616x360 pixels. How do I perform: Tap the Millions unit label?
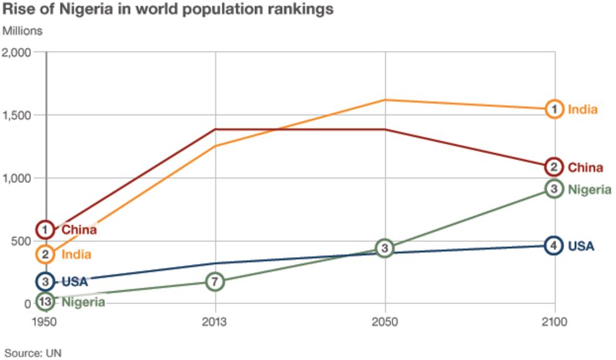click(x=23, y=30)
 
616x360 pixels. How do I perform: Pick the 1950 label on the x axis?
click(x=46, y=321)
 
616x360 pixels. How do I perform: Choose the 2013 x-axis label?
click(x=215, y=321)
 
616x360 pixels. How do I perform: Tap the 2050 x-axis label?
click(x=384, y=321)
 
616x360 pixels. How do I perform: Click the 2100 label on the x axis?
click(x=554, y=321)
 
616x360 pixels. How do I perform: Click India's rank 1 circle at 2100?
click(x=554, y=109)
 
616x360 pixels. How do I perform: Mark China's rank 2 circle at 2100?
click(x=554, y=167)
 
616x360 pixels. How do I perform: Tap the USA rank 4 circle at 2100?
click(x=554, y=246)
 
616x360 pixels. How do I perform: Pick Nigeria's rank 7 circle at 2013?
click(x=215, y=282)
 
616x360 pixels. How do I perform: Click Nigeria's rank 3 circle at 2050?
click(x=384, y=248)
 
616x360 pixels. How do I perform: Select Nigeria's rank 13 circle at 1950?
click(x=45, y=302)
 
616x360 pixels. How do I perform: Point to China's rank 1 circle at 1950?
click(x=45, y=229)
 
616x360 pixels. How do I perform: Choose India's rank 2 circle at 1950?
click(x=45, y=255)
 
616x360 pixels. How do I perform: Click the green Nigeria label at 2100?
click(x=589, y=189)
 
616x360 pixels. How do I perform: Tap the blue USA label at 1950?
click(x=74, y=282)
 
